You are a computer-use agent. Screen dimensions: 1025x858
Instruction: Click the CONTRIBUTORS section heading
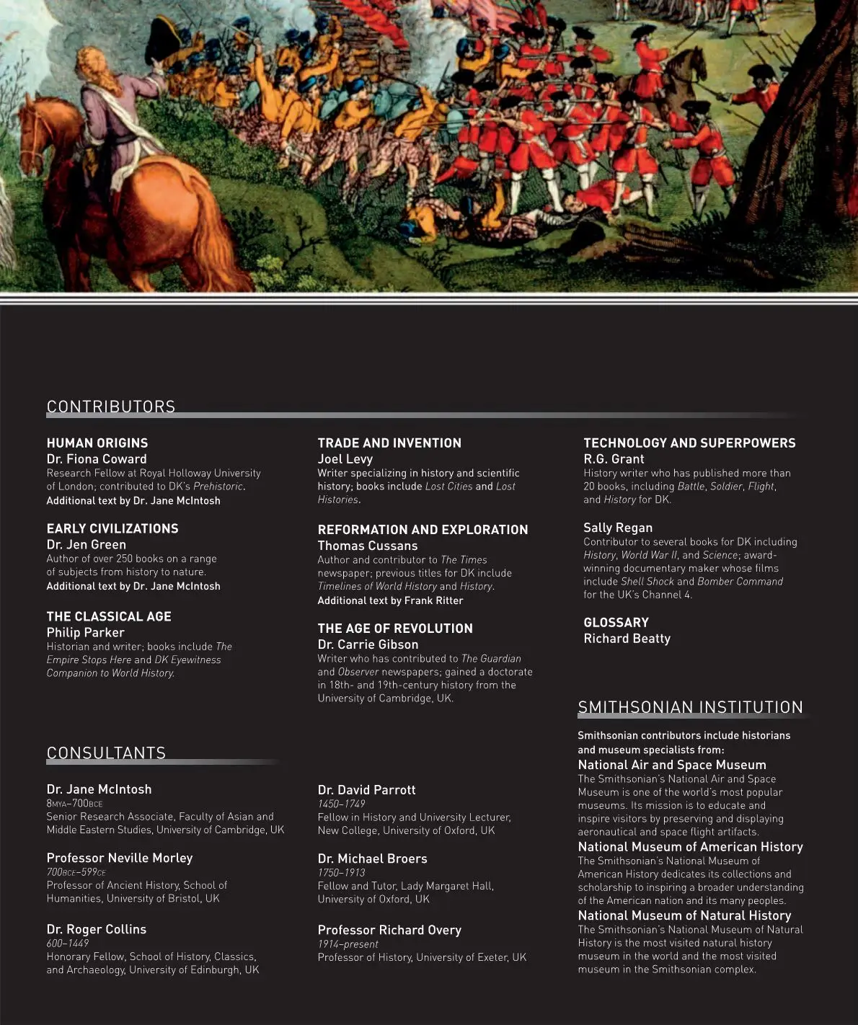(x=111, y=407)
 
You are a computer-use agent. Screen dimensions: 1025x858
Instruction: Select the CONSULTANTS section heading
(x=106, y=753)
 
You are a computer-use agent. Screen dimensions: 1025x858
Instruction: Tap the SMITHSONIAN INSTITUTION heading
(x=690, y=707)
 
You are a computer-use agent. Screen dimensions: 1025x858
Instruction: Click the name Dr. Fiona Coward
(x=97, y=459)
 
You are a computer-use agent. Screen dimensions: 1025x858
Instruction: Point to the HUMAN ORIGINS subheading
(x=97, y=443)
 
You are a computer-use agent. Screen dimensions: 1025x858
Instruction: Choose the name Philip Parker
(x=85, y=632)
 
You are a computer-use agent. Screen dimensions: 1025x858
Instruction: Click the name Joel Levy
(x=345, y=459)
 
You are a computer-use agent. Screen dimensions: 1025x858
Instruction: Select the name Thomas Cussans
(x=368, y=546)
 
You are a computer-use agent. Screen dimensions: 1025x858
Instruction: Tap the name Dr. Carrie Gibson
(x=368, y=644)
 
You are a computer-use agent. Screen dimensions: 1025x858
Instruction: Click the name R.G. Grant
(x=614, y=459)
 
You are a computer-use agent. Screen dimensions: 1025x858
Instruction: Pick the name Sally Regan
(x=618, y=528)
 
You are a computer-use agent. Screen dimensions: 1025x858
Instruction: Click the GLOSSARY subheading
(x=616, y=623)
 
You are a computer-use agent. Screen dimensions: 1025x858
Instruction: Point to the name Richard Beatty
(x=627, y=639)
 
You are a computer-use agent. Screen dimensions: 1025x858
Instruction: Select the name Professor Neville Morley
(x=120, y=858)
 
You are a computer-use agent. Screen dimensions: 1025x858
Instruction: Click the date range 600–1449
(x=67, y=943)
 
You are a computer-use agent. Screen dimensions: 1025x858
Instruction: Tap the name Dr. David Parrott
(x=366, y=790)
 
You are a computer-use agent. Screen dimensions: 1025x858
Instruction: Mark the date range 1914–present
(x=348, y=944)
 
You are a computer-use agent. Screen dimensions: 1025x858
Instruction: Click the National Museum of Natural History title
(x=684, y=915)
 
